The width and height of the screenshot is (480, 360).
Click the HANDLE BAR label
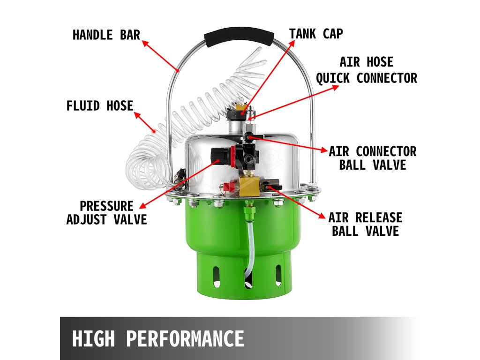coord(106,35)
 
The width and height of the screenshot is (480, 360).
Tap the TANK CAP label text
coord(316,34)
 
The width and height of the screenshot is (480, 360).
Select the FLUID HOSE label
coord(100,106)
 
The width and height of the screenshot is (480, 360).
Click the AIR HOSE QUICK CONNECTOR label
coord(367,70)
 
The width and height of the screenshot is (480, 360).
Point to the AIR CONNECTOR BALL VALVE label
coord(373,158)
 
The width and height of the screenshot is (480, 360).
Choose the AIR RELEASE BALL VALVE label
coord(365,225)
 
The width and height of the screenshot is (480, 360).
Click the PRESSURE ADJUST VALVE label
coord(106,213)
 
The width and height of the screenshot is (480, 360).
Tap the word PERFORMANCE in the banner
coord(185,338)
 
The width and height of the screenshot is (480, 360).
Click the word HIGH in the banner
coord(93,338)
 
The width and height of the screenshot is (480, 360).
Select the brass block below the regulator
coord(248,186)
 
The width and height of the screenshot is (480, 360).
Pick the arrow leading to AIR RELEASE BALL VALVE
coord(297,202)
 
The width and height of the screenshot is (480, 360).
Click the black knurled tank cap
coord(236,115)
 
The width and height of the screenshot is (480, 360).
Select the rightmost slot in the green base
coord(278,275)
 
